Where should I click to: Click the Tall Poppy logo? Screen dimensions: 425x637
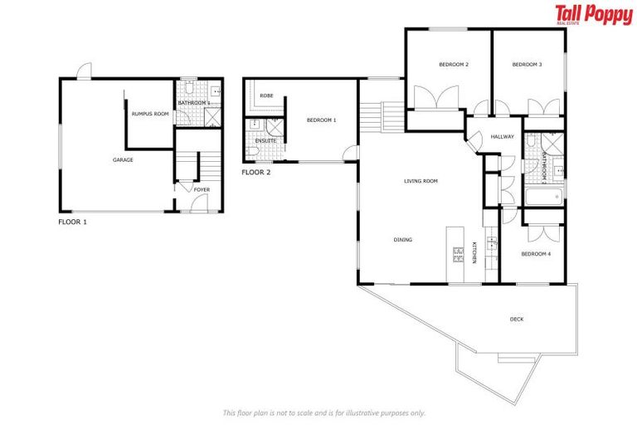pyautogui.click(x=593, y=16)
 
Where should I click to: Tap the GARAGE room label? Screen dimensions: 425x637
pyautogui.click(x=123, y=160)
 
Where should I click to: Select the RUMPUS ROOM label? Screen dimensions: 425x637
pyautogui.click(x=149, y=114)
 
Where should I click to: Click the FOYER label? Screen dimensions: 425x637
pyautogui.click(x=202, y=190)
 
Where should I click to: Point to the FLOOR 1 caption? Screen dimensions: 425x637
pyautogui.click(x=73, y=222)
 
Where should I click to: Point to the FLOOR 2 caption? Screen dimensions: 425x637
pyautogui.click(x=255, y=173)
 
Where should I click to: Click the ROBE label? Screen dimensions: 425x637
pyautogui.click(x=266, y=95)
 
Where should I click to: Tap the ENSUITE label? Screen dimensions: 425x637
pyautogui.click(x=265, y=141)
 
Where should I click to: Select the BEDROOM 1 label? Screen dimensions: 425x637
pyautogui.click(x=321, y=120)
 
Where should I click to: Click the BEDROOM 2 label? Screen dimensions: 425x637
pyautogui.click(x=455, y=65)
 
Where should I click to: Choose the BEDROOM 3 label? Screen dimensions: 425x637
pyautogui.click(x=527, y=65)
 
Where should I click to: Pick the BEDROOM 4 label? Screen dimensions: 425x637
pyautogui.click(x=536, y=254)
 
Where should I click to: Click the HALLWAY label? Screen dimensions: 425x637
pyautogui.click(x=503, y=137)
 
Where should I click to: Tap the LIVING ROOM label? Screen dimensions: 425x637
pyautogui.click(x=421, y=181)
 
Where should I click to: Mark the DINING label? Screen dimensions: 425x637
pyautogui.click(x=403, y=240)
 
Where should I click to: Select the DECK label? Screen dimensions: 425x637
pyautogui.click(x=517, y=318)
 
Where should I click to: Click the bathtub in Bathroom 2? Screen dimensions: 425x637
pyautogui.click(x=544, y=198)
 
